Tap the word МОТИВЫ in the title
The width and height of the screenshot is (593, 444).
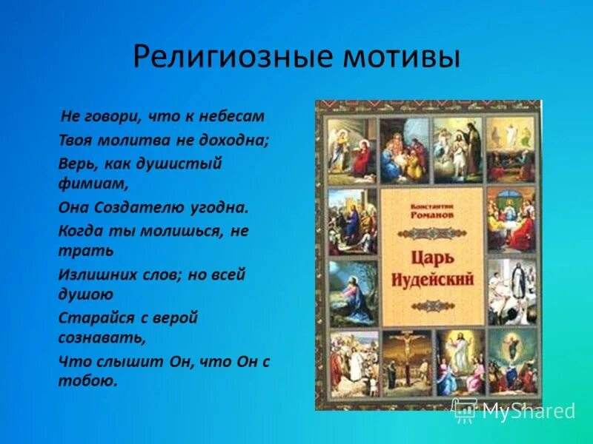400,57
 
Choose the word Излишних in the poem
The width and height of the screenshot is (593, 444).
93,275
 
